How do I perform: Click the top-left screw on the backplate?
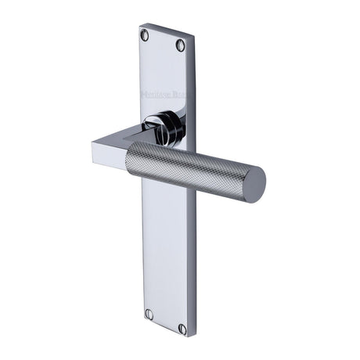click(145, 35)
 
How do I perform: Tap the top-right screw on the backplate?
click(181, 45)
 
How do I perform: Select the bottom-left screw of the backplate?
click(149, 314)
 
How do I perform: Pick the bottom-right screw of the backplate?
click(182, 329)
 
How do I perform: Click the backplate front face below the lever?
click(166, 258)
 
